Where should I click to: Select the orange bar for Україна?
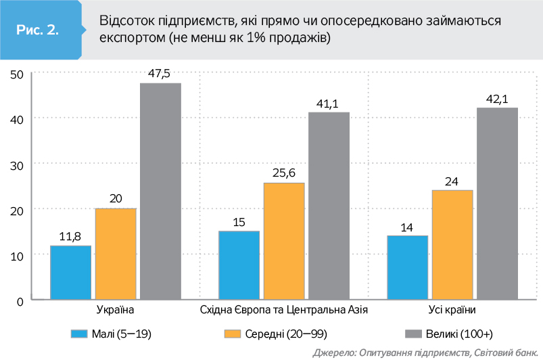tap(116, 254)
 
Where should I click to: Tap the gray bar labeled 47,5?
tap(160, 191)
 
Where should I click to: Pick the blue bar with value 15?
tap(239, 265)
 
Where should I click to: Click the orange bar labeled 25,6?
tap(284, 241)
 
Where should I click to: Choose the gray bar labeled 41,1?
tap(329, 206)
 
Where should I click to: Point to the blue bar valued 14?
tap(408, 267)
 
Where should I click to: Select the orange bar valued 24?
tap(452, 244)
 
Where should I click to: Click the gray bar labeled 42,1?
tap(497, 203)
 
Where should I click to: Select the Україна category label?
tap(116, 310)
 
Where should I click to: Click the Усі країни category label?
tap(452, 310)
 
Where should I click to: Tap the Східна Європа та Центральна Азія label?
tap(284, 310)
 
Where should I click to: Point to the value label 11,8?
tap(70, 236)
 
